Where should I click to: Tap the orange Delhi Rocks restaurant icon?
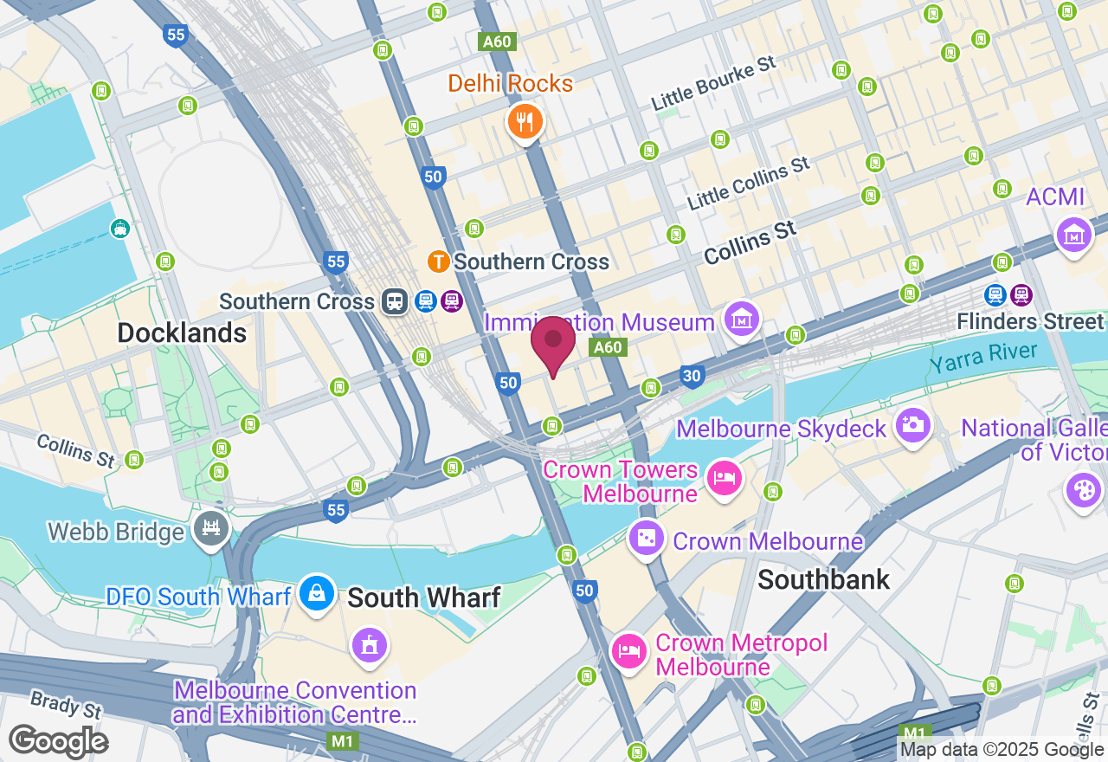pyautogui.click(x=524, y=122)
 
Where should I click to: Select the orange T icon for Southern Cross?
pyautogui.click(x=439, y=261)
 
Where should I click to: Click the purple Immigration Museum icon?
pyautogui.click(x=741, y=319)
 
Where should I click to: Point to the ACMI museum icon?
pyautogui.click(x=1073, y=233)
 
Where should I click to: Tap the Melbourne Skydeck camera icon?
pyautogui.click(x=913, y=424)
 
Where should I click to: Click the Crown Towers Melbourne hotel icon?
pyautogui.click(x=724, y=478)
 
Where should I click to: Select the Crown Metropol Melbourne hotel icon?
pyautogui.click(x=628, y=650)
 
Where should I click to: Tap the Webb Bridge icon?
pyautogui.click(x=211, y=526)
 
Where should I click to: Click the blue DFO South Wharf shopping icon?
pyautogui.click(x=318, y=593)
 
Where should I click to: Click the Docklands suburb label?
pyautogui.click(x=182, y=333)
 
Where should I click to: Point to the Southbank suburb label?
pyautogui.click(x=823, y=579)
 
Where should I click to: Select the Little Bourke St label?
pyautogui.click(x=714, y=84)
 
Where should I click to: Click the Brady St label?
pyautogui.click(x=66, y=705)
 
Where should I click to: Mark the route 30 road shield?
pyautogui.click(x=691, y=376)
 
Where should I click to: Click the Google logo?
pyautogui.click(x=58, y=741)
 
